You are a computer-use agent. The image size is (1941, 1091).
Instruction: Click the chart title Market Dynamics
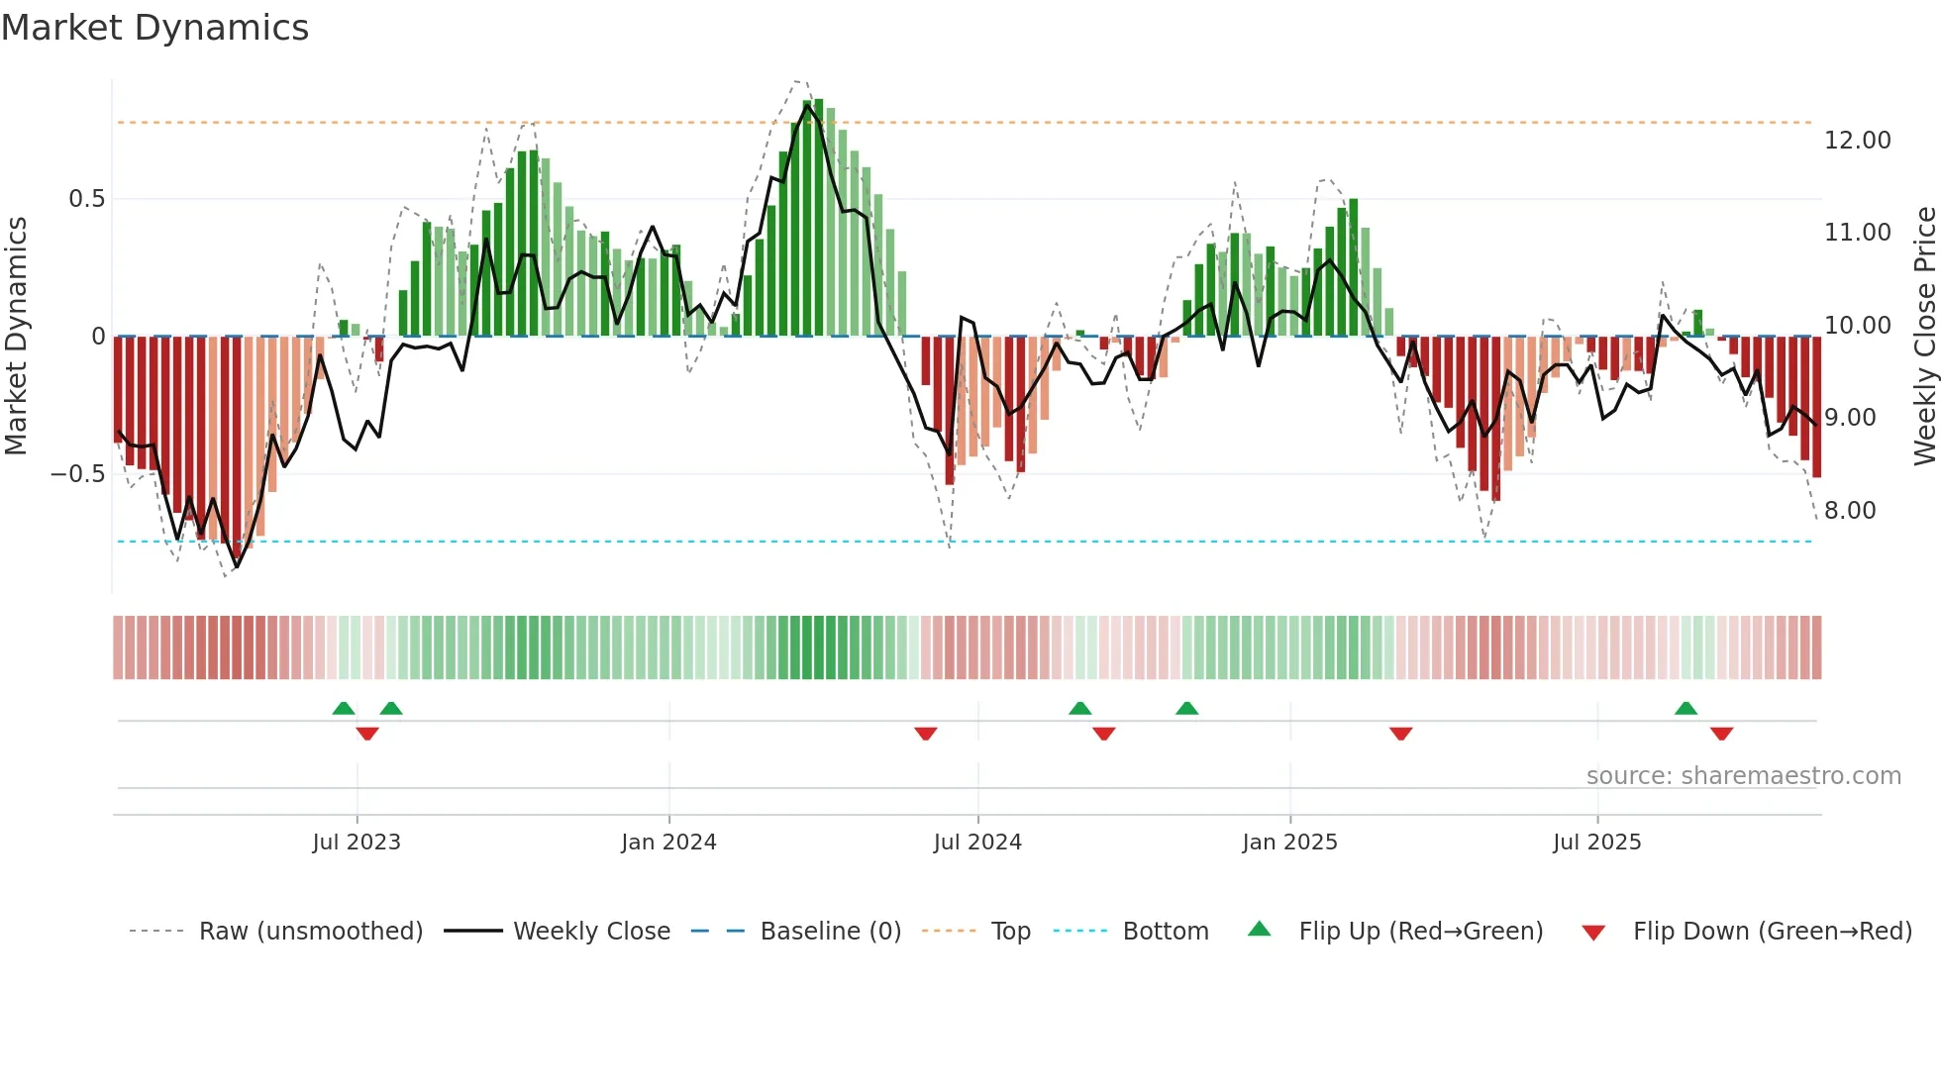[x=154, y=28]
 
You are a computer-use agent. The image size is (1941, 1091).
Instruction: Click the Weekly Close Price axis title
[x=1924, y=336]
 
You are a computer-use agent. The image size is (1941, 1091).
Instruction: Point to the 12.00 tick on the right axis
[x=1857, y=141]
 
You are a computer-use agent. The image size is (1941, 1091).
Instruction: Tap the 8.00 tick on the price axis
[x=1849, y=511]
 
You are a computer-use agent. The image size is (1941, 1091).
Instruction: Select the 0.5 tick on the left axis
[x=86, y=199]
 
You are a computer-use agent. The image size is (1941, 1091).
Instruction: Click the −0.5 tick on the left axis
[x=78, y=474]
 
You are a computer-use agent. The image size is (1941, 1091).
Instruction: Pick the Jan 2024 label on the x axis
[x=668, y=843]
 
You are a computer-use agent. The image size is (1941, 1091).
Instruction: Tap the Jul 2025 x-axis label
[x=1596, y=843]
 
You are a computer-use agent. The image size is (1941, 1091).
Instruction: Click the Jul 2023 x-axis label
[x=357, y=843]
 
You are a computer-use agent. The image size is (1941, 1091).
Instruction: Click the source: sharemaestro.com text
[x=1743, y=776]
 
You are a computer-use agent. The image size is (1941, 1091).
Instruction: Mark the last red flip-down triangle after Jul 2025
[x=1721, y=734]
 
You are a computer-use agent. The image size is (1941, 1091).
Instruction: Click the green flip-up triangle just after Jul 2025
[x=1686, y=708]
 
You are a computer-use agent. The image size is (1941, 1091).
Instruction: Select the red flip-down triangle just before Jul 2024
[x=925, y=734]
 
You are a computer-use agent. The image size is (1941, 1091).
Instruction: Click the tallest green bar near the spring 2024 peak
[x=819, y=218]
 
